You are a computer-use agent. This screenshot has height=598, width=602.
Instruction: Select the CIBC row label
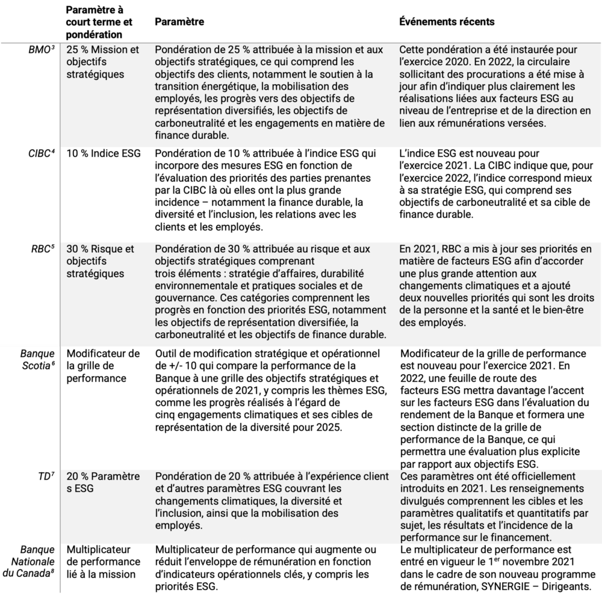(43, 153)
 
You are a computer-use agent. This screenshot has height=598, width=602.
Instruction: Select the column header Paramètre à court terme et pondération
(93, 22)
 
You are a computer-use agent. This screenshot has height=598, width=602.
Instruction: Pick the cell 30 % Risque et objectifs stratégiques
(100, 259)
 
